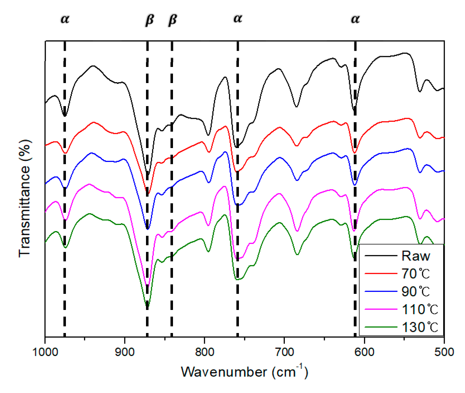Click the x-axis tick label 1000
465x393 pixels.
tap(45, 352)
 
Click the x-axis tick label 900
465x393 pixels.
tap(125, 352)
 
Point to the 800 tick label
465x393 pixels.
tap(204, 352)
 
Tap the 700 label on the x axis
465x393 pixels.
tap(284, 352)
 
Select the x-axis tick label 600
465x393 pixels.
tap(364, 352)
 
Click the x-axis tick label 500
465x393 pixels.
tap(444, 352)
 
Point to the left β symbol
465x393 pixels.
tap(150, 20)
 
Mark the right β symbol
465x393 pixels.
tap(172, 20)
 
